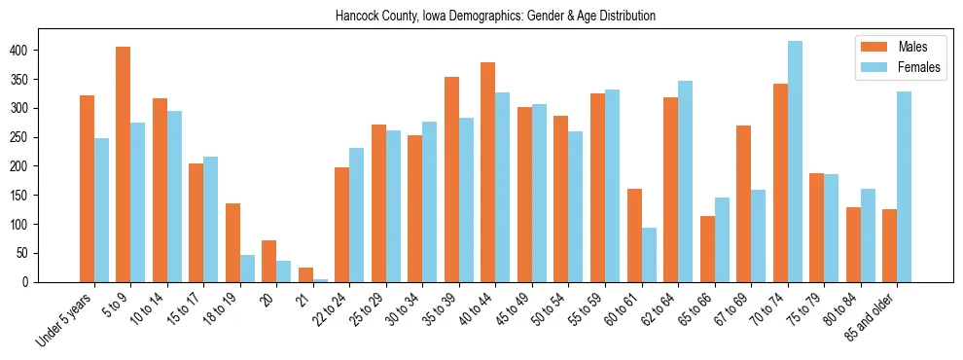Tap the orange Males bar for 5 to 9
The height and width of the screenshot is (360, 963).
point(123,165)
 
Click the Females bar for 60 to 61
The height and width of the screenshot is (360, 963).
point(649,256)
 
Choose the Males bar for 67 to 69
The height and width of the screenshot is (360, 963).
point(743,204)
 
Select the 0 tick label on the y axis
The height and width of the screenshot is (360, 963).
point(59,282)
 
